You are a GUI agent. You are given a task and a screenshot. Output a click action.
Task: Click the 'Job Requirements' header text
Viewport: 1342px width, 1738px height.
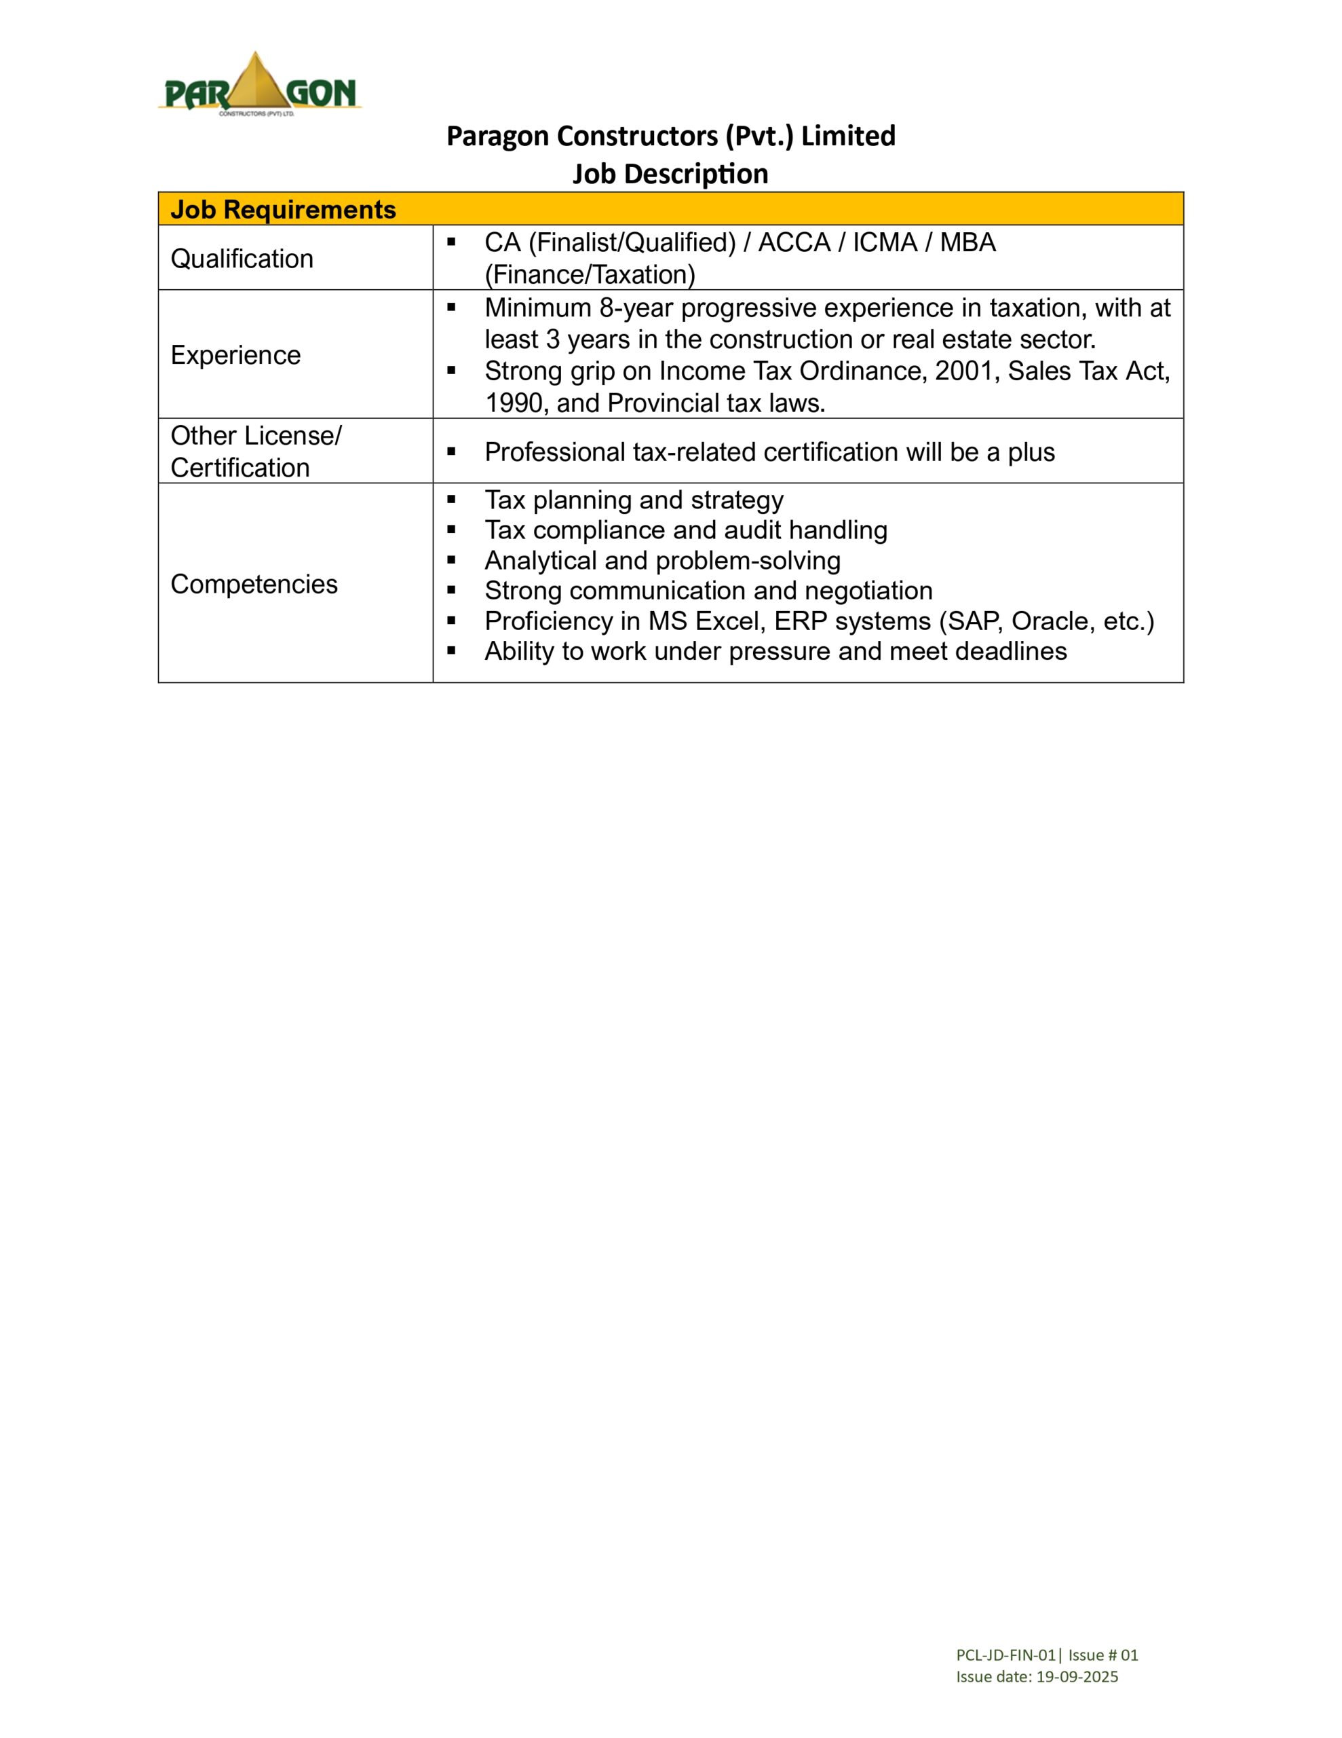pos(282,209)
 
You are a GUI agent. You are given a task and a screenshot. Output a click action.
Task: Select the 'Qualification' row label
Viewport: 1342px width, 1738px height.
pos(242,259)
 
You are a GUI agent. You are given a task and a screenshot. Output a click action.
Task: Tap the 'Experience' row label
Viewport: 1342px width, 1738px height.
pos(235,355)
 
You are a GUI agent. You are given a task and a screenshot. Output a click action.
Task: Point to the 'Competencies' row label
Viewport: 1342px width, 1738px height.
pos(254,584)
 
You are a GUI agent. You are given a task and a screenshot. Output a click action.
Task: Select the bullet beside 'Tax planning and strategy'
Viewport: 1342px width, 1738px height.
pos(452,500)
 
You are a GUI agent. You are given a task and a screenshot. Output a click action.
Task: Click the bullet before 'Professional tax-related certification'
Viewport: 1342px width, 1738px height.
pos(452,452)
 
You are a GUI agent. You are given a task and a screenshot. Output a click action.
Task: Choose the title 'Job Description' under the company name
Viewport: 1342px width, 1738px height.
pos(670,174)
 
